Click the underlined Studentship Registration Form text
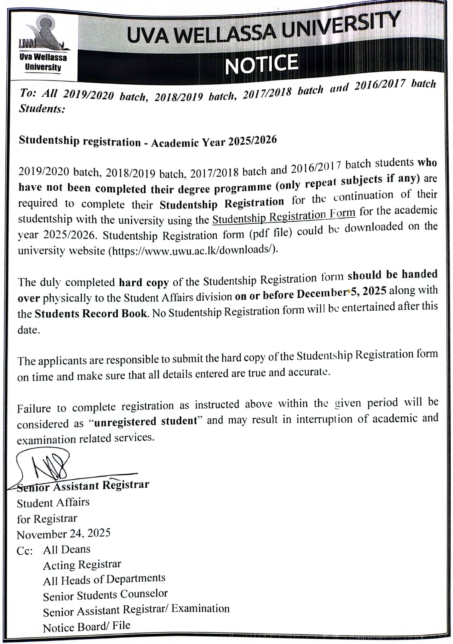point(284,216)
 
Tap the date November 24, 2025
point(64,533)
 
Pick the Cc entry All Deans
point(67,549)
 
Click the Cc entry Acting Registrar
point(82,565)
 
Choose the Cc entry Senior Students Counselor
point(105,595)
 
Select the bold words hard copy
point(144,282)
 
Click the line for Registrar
point(47,518)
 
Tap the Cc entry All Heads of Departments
point(104,579)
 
